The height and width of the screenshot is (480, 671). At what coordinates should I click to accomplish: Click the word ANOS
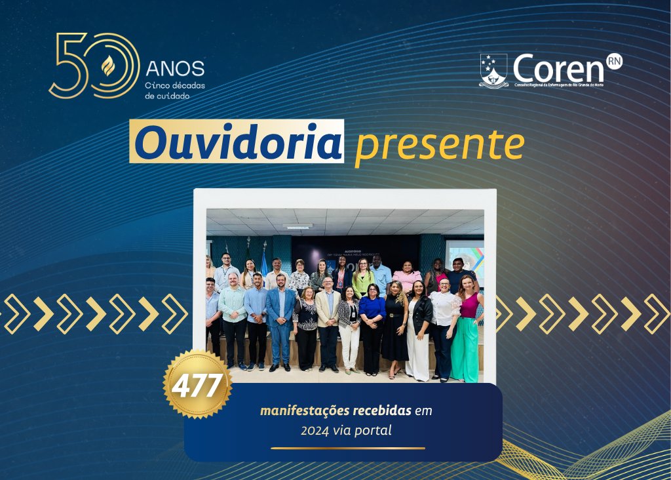tap(175, 68)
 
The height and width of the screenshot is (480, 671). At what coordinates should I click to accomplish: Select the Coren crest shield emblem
tap(493, 70)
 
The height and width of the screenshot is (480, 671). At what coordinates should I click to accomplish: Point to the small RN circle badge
tap(614, 60)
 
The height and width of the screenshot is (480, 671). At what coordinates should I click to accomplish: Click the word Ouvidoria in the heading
tap(237, 141)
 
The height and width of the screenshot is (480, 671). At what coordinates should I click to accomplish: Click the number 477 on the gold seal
tap(197, 386)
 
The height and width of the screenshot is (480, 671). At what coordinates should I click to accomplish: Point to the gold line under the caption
tap(347, 449)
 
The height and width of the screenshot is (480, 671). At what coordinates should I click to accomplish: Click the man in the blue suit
tap(282, 321)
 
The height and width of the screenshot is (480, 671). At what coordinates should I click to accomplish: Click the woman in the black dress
tap(395, 328)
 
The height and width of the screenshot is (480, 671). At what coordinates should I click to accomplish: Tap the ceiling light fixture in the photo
tap(297, 226)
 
